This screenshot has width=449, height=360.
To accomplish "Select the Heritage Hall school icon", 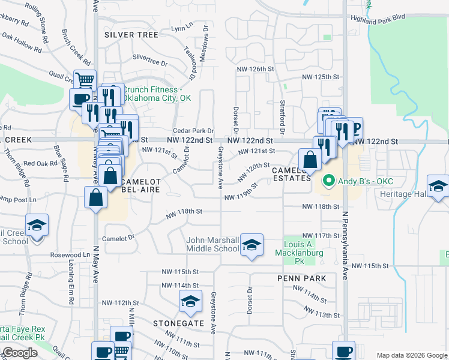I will click(x=438, y=185).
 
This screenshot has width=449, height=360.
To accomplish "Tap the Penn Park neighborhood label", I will click(x=302, y=278).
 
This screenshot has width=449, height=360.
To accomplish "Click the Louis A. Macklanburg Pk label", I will click(x=303, y=249).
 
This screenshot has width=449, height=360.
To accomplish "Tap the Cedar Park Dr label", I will click(x=193, y=131).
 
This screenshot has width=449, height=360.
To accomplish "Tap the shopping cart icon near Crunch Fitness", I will click(x=85, y=80).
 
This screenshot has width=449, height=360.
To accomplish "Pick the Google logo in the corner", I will click(x=19, y=353).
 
